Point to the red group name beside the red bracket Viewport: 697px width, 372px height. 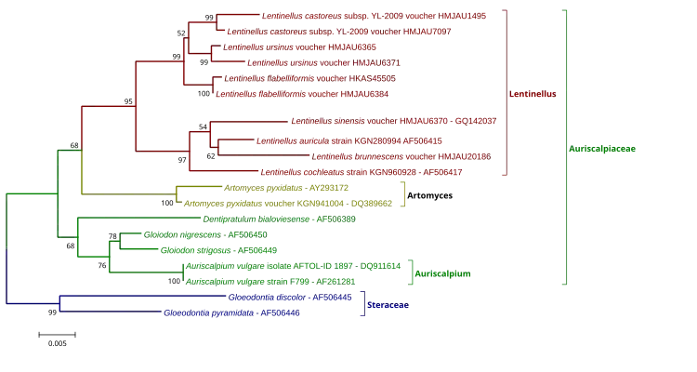coord(533,95)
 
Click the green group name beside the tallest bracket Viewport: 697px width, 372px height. coord(603,149)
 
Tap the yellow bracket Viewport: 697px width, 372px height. coord(405,193)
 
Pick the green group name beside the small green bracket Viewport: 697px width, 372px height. coord(444,274)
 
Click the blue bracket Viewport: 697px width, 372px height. coord(367,305)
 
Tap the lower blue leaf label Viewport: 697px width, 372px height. coord(232,313)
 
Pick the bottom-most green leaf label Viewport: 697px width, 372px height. coord(270,281)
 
